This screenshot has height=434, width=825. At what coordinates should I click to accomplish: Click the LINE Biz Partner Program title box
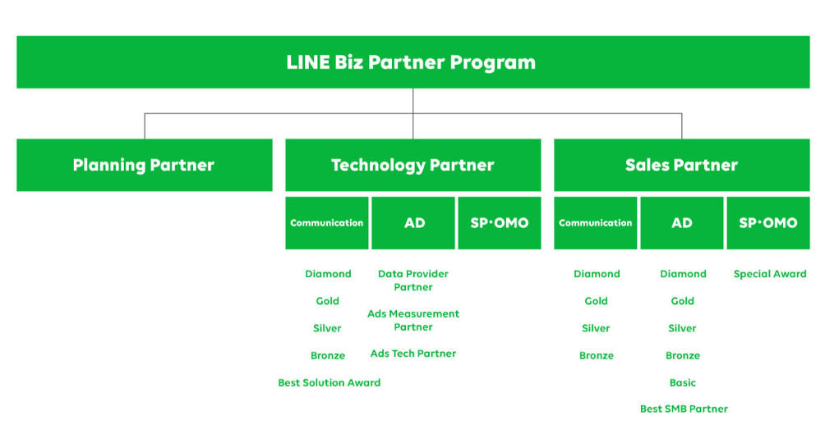point(413,62)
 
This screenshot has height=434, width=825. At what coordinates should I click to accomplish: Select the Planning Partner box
point(145,165)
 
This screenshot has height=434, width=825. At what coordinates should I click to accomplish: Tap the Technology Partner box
point(413,165)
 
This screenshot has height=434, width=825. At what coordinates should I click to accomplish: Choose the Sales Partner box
point(682,165)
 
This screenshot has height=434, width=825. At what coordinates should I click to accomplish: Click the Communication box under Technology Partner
point(327,223)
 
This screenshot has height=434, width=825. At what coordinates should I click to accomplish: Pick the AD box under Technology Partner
point(413,223)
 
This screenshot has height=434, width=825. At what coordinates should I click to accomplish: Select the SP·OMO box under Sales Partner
point(768,223)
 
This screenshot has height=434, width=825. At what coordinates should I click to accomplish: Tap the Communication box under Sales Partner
point(596,223)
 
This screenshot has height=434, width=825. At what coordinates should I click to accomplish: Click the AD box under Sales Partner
point(682,223)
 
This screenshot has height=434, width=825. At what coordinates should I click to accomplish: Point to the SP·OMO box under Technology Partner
point(500,223)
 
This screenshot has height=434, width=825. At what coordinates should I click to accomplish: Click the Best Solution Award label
point(330,382)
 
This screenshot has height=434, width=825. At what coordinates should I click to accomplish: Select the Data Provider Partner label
point(413,280)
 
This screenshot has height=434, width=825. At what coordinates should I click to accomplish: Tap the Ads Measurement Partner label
point(413,320)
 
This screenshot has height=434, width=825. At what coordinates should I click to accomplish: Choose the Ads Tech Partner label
point(413,354)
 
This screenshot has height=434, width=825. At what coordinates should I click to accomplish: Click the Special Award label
point(770,274)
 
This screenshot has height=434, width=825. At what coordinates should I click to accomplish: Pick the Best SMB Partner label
point(684,409)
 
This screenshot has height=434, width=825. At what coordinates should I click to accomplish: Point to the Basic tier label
point(683,382)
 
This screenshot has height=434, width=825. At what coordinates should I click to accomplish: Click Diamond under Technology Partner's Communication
point(328,274)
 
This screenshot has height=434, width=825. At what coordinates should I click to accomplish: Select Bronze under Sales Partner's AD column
point(683,356)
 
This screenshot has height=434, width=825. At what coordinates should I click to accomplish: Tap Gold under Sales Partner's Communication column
point(596,301)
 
